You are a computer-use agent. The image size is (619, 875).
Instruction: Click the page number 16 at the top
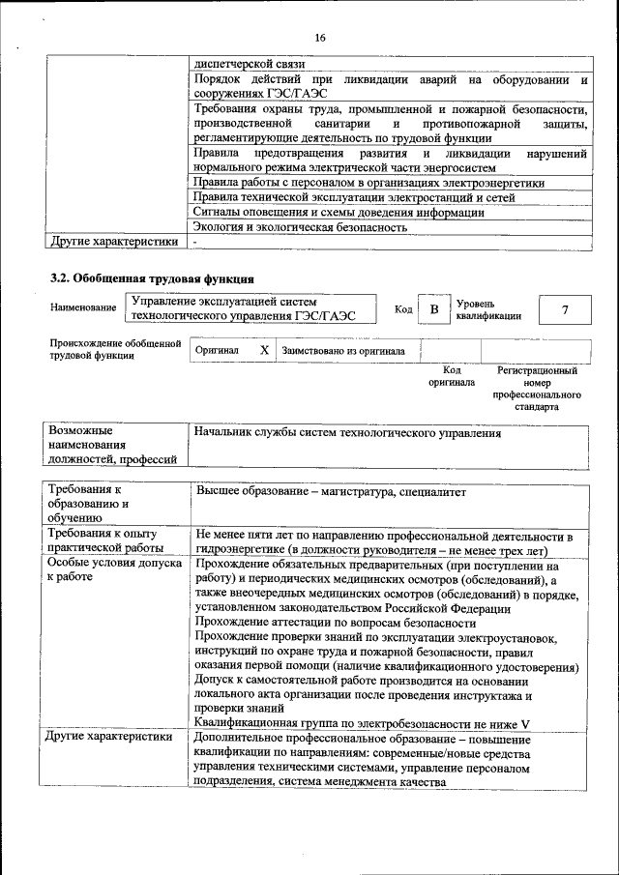coord(318,38)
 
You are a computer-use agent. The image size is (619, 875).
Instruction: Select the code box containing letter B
coord(434,309)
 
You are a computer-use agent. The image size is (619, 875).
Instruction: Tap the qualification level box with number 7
coord(565,309)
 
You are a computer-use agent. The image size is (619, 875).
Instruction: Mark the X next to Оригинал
coord(264,351)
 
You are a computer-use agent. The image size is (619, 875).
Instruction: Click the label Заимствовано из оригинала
coord(343,351)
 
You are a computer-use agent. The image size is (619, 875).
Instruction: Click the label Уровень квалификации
coord(488,309)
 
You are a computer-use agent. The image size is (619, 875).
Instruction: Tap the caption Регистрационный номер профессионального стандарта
coord(537,389)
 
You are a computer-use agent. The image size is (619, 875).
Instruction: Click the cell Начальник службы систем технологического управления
coord(347,434)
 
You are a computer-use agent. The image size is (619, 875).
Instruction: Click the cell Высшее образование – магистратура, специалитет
coord(331,492)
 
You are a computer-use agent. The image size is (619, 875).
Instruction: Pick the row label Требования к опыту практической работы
coord(102,540)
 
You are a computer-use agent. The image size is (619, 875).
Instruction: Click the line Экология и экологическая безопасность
coord(300,227)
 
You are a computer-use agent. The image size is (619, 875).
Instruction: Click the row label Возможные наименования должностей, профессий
coord(105,444)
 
